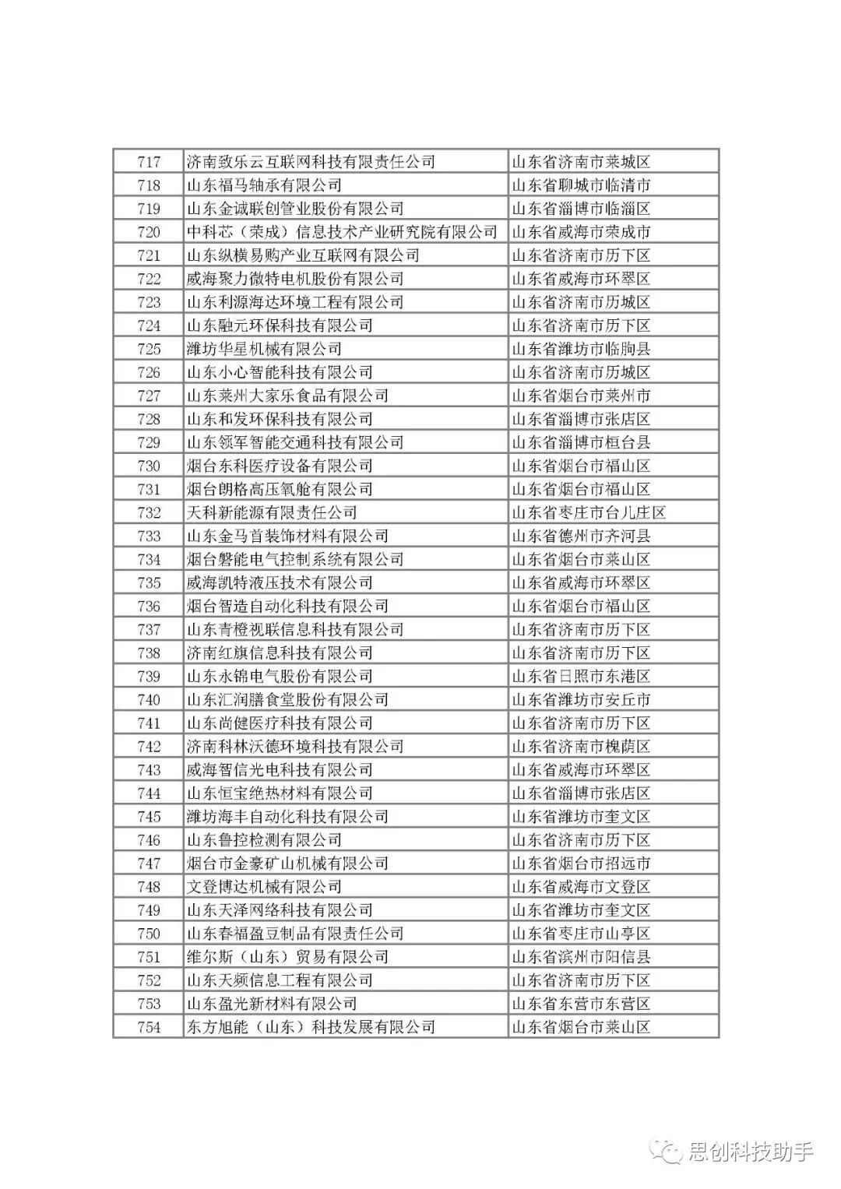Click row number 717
pos(149,162)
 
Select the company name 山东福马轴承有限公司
pos(264,185)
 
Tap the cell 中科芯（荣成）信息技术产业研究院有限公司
pos(342,232)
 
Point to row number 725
pos(149,349)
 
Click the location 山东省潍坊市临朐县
pos(581,349)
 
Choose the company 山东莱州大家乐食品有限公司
pos(287,396)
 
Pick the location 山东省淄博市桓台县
pos(581,442)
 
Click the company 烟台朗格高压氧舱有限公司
pos(280,489)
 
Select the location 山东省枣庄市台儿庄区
pos(589,512)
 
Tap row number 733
pos(149,536)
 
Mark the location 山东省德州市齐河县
pos(581,536)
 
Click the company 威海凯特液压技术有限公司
pos(280,582)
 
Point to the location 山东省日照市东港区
pos(581,676)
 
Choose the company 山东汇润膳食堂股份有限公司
pos(287,699)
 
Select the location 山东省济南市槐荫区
pos(581,746)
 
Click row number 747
pos(149,863)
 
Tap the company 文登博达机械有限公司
pos(264,886)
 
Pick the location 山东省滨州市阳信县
pos(581,957)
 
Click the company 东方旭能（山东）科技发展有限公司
pos(311,1027)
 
